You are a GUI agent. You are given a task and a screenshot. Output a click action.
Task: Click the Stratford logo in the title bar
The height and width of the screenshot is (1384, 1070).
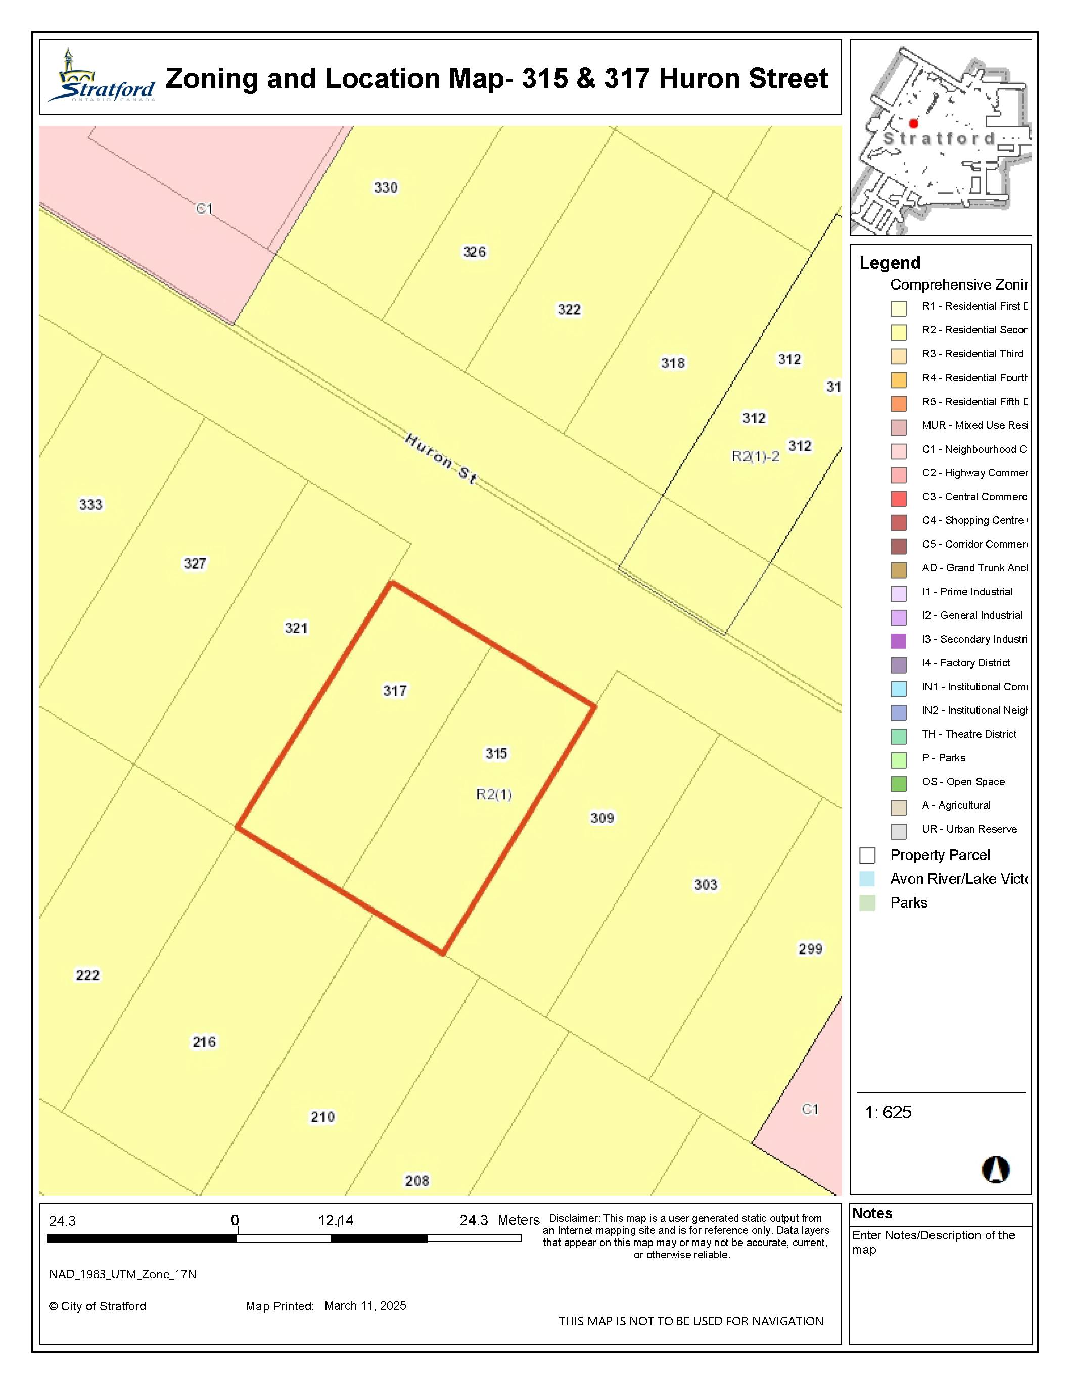coord(102,77)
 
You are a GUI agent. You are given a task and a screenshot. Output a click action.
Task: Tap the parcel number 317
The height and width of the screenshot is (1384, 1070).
coord(395,690)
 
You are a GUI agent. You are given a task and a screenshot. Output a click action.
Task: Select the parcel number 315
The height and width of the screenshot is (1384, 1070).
coord(496,753)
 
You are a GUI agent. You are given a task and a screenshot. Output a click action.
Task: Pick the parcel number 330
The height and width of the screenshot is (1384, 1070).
coord(386,187)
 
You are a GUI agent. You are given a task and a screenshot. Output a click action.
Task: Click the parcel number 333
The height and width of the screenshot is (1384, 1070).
coord(90,504)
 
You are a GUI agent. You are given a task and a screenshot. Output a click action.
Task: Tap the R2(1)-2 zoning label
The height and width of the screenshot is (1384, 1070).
coord(755,456)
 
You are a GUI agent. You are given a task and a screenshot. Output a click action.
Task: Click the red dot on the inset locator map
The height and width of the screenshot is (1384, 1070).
coord(913,124)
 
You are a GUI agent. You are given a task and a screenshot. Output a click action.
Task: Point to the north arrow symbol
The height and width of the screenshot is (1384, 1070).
coord(995,1169)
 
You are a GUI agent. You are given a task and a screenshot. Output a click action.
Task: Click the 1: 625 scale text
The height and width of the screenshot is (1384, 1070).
coord(888,1112)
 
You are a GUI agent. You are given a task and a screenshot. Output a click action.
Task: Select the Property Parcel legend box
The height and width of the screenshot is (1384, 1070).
coord(867,855)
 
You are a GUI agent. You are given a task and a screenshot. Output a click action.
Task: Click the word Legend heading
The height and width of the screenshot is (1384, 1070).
coord(890,263)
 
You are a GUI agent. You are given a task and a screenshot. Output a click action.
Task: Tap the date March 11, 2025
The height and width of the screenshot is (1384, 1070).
coord(365,1305)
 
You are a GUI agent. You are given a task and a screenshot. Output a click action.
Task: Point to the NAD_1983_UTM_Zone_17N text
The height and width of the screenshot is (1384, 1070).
coord(122,1274)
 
